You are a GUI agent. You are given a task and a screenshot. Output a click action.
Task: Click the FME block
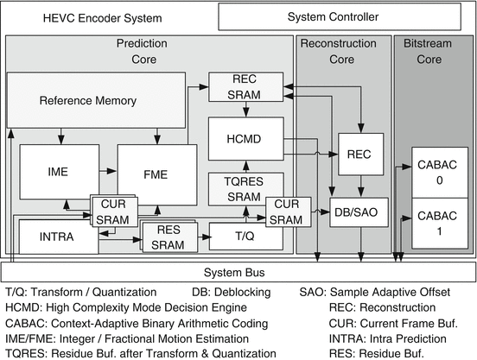pyautogui.click(x=156, y=174)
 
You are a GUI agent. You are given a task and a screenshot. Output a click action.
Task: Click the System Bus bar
pyautogui.click(x=238, y=270)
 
